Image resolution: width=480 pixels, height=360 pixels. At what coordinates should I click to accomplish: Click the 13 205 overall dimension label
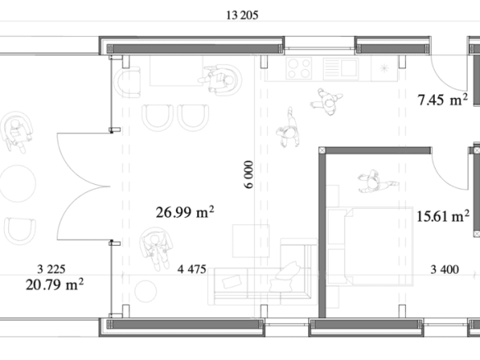[x=242, y=16]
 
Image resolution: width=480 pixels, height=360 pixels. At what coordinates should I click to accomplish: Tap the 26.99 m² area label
[x=185, y=212]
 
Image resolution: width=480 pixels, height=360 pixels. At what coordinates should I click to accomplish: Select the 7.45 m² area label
[x=443, y=99]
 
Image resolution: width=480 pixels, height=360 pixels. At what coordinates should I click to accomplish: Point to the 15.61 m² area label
[x=443, y=216]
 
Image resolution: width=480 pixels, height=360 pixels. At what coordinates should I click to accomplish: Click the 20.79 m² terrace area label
[x=54, y=284]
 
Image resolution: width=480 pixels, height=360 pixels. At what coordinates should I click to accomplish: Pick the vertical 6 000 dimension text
[x=249, y=174]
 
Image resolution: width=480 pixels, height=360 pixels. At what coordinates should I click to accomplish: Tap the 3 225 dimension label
[x=52, y=270]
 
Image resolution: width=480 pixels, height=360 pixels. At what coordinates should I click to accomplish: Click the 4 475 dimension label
[x=192, y=270]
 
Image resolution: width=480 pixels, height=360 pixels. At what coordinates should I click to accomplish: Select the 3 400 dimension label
[x=445, y=270]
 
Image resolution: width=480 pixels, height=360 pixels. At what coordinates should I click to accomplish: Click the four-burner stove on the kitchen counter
[x=299, y=68]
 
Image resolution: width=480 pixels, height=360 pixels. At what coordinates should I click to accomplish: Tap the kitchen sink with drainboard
[x=341, y=68]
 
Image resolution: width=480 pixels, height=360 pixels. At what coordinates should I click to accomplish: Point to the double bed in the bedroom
[x=371, y=247]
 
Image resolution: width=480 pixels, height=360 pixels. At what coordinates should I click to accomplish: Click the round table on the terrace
[x=17, y=183]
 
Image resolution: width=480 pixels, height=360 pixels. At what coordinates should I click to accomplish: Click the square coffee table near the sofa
[x=251, y=241]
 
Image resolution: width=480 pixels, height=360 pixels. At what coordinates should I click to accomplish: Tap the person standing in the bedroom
[x=377, y=182]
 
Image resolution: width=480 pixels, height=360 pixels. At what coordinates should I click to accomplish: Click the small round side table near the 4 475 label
[x=145, y=291]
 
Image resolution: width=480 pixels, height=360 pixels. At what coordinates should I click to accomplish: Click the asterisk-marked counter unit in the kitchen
[x=384, y=68]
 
